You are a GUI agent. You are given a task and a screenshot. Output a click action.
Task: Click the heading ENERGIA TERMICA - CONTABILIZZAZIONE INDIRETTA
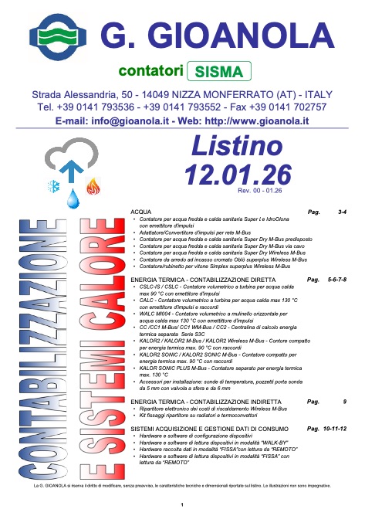click(207, 402)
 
